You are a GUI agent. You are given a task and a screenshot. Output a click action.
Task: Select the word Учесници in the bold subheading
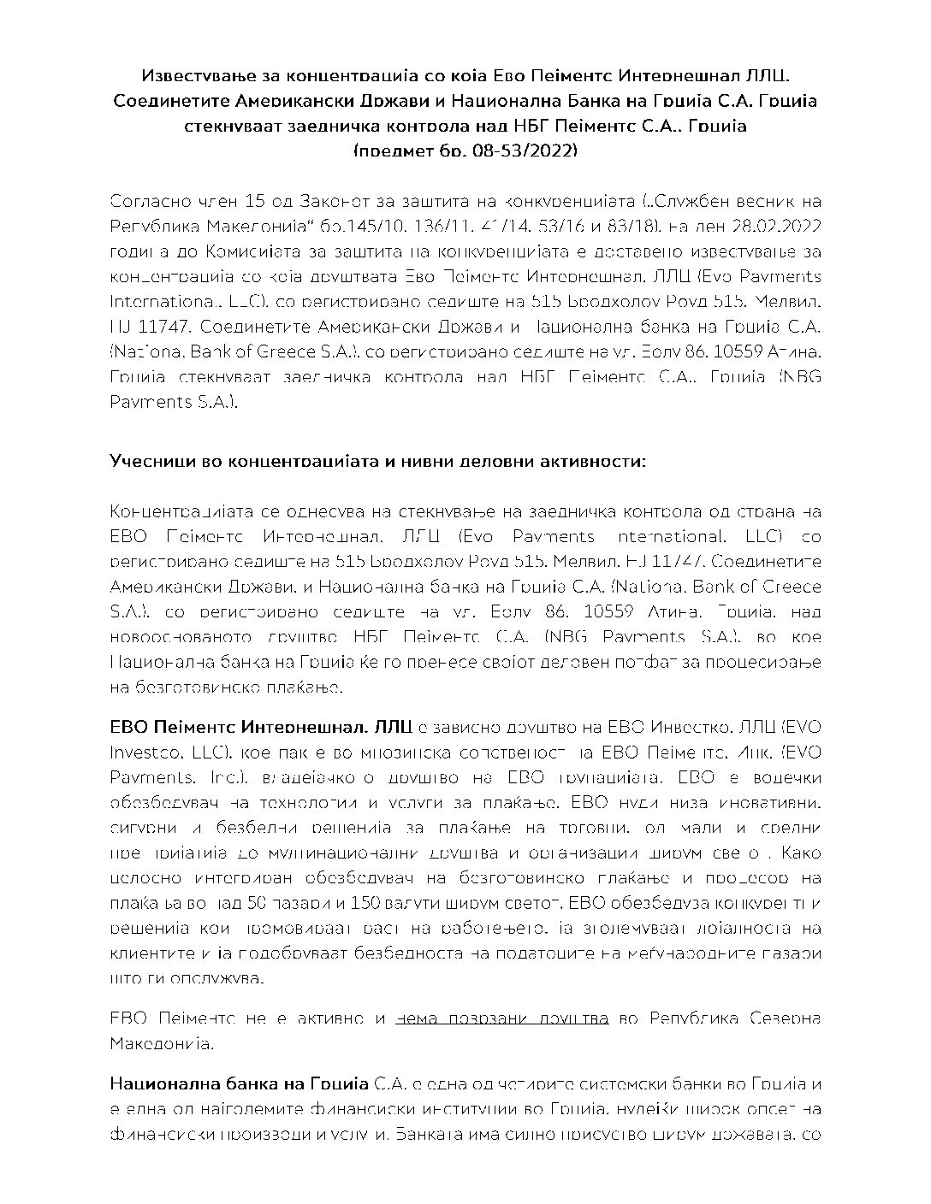tap(147, 461)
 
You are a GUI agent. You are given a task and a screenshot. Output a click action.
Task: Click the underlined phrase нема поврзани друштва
tap(503, 1018)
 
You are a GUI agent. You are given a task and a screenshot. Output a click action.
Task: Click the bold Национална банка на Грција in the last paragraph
tap(240, 1085)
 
